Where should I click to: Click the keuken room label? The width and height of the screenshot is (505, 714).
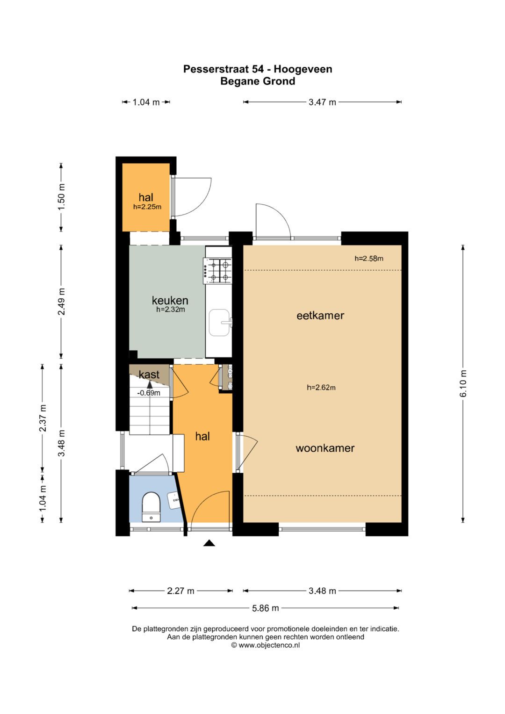[170, 300]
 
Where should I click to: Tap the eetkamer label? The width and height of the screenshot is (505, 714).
[320, 316]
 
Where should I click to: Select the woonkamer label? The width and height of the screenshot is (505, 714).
[325, 448]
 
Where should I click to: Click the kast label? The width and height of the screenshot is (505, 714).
[149, 374]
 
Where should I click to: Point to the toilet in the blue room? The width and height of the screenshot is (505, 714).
[151, 507]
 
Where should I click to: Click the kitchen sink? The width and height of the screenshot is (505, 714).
[220, 323]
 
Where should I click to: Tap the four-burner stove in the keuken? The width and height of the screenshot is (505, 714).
[217, 271]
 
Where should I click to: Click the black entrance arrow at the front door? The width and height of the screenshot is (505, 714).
[209, 543]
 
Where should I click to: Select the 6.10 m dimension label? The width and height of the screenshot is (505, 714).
[463, 383]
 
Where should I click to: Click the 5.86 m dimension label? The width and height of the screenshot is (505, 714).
[265, 608]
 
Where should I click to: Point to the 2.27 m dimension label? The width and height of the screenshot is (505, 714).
[180, 591]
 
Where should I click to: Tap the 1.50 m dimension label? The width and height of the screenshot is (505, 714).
[62, 196]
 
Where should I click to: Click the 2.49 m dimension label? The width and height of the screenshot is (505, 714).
[62, 302]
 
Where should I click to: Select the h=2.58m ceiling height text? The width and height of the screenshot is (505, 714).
[369, 259]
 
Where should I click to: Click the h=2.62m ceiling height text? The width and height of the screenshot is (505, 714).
[321, 388]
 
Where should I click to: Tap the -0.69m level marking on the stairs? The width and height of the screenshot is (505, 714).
[149, 393]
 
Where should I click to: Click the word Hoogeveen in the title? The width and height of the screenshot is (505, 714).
[303, 69]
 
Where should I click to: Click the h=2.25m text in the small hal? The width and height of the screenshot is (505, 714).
[147, 207]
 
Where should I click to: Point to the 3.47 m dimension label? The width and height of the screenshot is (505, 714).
[322, 102]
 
